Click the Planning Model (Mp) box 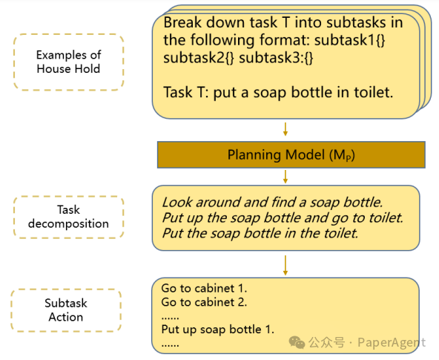click(x=291, y=154)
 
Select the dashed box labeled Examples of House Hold click(x=68, y=62)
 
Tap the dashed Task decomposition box click(x=68, y=217)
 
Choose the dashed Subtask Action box click(x=66, y=310)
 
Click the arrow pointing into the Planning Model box click(x=285, y=129)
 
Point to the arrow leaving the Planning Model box click(x=285, y=177)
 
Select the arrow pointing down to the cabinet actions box click(x=285, y=265)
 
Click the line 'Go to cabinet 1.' click(x=204, y=288)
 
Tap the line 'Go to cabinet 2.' click(x=204, y=302)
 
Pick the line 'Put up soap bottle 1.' click(x=218, y=330)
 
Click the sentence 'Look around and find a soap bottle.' click(x=272, y=203)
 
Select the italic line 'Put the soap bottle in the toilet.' click(x=260, y=233)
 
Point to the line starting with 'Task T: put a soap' click(x=278, y=93)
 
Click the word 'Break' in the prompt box click(x=182, y=22)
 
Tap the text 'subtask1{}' click(x=350, y=40)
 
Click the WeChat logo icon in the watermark click(x=297, y=342)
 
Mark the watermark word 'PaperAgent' click(x=392, y=343)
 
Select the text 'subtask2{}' click(x=199, y=58)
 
